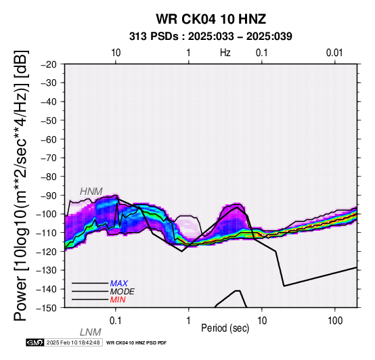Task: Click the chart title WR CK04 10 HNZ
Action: [211, 19]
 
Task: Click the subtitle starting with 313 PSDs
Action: [211, 37]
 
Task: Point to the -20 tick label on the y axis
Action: [49, 64]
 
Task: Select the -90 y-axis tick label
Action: [49, 196]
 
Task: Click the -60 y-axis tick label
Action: [49, 139]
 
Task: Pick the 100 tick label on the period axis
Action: [335, 321]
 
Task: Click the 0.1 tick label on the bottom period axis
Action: [116, 321]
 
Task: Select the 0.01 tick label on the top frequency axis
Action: [334, 53]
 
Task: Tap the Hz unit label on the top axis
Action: [225, 53]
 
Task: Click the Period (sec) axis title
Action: [225, 328]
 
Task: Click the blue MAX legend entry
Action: [119, 284]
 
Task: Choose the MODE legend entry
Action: [123, 292]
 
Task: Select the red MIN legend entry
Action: [118, 300]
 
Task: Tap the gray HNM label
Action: [91, 192]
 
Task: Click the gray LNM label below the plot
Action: [91, 332]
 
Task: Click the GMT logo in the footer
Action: [35, 342]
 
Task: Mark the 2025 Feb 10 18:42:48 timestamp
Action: [73, 342]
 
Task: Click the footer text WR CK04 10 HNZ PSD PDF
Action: [136, 343]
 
